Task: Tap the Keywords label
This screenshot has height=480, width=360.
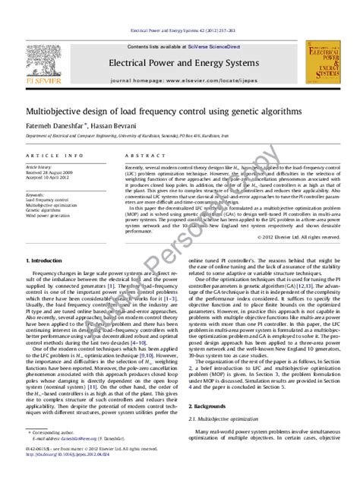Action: click(x=36, y=194)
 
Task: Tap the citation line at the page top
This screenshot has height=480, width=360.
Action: click(x=180, y=31)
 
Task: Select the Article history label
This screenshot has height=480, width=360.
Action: click(x=39, y=166)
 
